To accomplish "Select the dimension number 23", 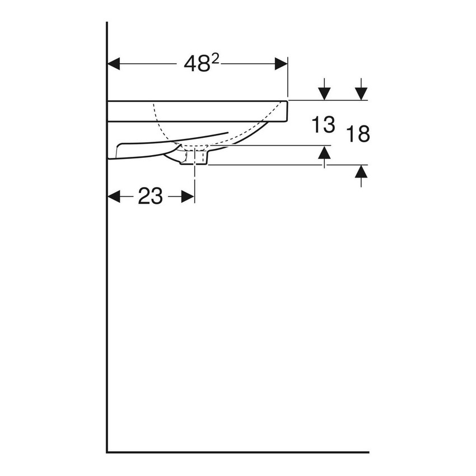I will tap(150, 197).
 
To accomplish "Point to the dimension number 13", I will tap(323, 124).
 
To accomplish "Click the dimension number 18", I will tap(358, 134).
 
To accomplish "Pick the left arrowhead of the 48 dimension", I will tap(114, 64).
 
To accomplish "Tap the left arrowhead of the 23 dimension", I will tap(114, 197).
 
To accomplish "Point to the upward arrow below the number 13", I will tap(324, 153).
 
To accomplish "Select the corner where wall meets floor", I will tap(107, 451).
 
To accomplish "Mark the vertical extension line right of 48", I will tap(287, 78).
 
